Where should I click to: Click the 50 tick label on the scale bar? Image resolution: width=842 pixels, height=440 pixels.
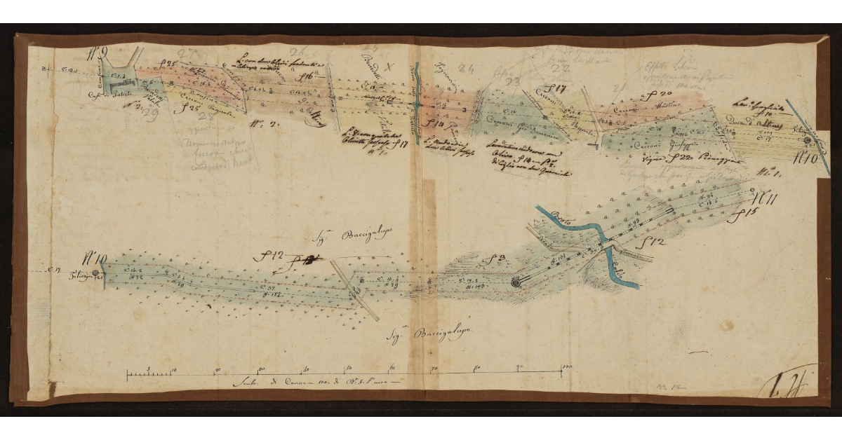(x=348, y=368)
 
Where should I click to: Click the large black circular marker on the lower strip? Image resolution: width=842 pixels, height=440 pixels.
(x=516, y=282)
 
